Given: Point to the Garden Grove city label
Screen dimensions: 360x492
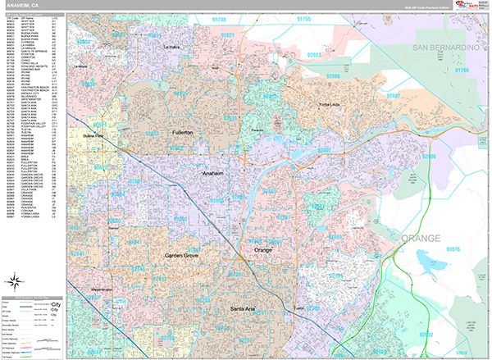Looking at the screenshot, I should [x=186, y=254].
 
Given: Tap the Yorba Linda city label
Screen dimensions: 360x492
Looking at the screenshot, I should [x=330, y=105].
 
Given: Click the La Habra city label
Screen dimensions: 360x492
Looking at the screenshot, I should [x=171, y=47].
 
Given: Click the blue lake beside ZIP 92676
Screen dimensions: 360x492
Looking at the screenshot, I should [x=428, y=261].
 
